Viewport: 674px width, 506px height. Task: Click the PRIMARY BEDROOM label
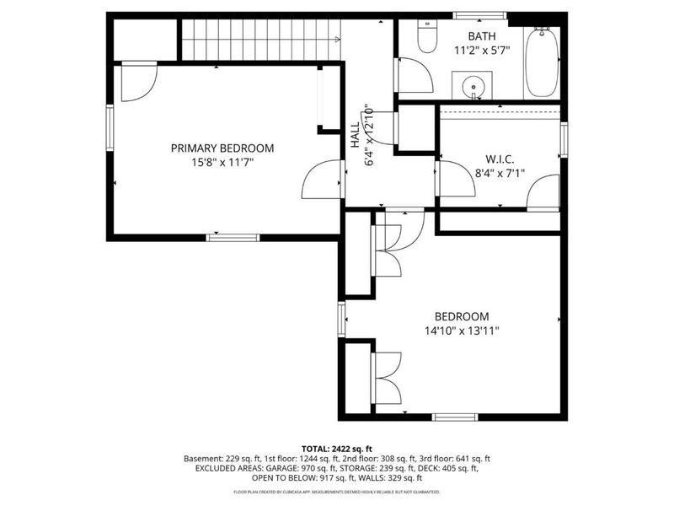pyautogui.click(x=222, y=148)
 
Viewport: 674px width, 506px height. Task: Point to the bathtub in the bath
pyautogui.click(x=541, y=63)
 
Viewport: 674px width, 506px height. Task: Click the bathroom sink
pyautogui.click(x=472, y=85)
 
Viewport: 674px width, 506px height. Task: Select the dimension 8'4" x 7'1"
pyautogui.click(x=500, y=173)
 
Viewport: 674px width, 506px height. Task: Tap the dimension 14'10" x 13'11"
pyautogui.click(x=462, y=331)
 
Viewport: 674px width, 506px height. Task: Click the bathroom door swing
pyautogui.click(x=413, y=76)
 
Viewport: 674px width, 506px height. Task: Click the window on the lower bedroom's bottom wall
pyautogui.click(x=455, y=416)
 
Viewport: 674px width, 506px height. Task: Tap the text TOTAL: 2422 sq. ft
pyautogui.click(x=337, y=448)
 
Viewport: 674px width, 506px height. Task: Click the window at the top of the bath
pyautogui.click(x=479, y=15)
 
